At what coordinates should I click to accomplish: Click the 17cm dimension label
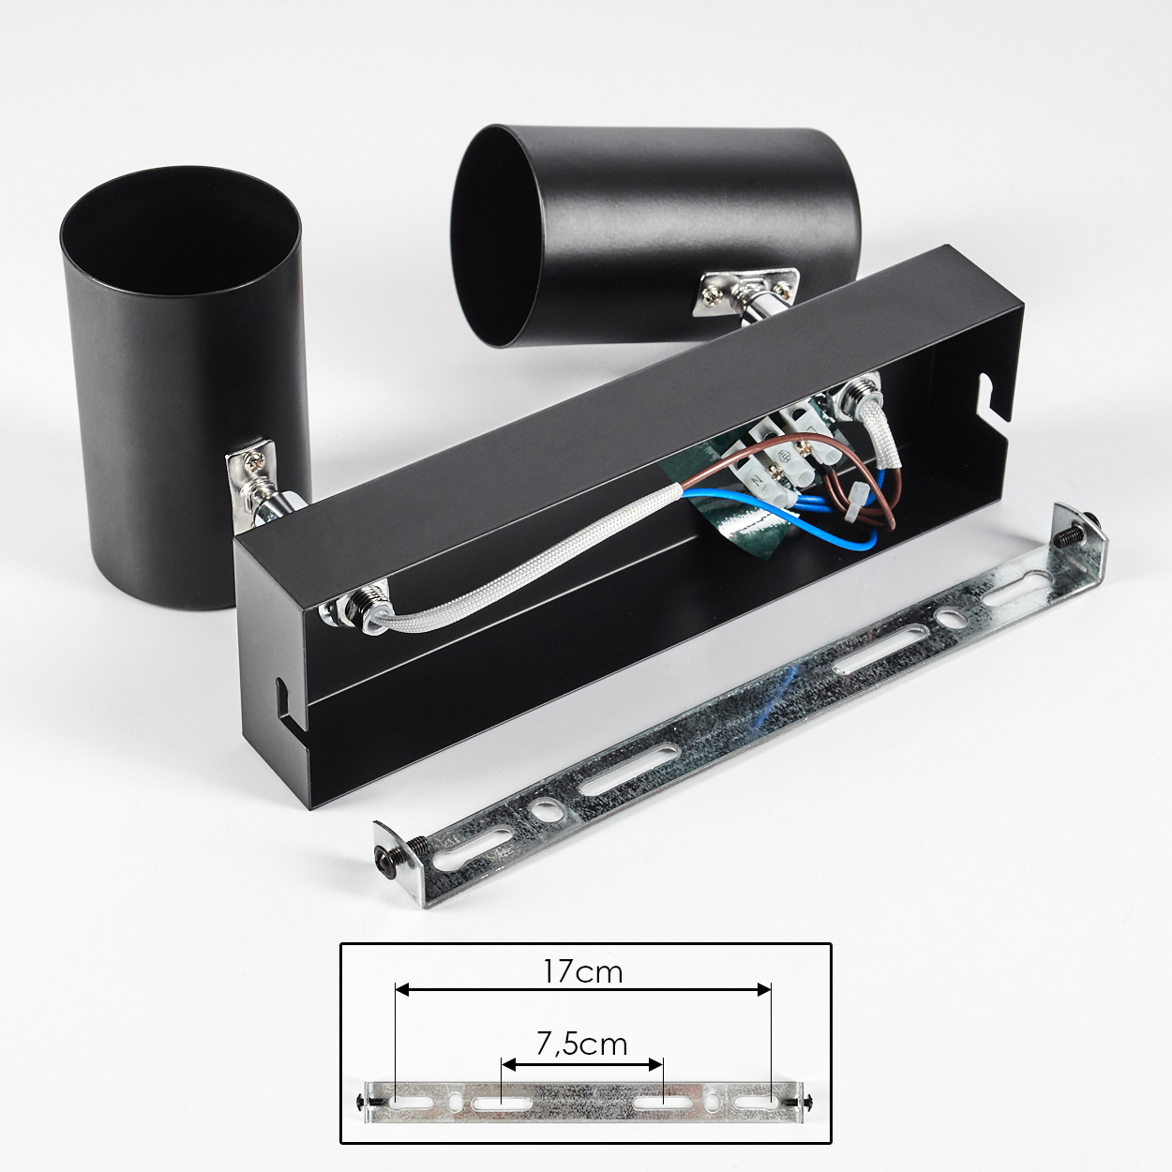tap(582, 971)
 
